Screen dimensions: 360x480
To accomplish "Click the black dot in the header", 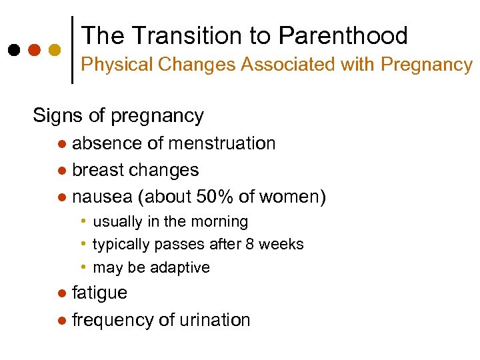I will click(x=13, y=50).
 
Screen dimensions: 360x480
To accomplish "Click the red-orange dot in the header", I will click(x=34, y=50).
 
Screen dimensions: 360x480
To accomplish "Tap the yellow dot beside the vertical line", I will click(x=55, y=50).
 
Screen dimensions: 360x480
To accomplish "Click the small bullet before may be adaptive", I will click(x=83, y=267).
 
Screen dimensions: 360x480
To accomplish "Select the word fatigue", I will click(x=99, y=293).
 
